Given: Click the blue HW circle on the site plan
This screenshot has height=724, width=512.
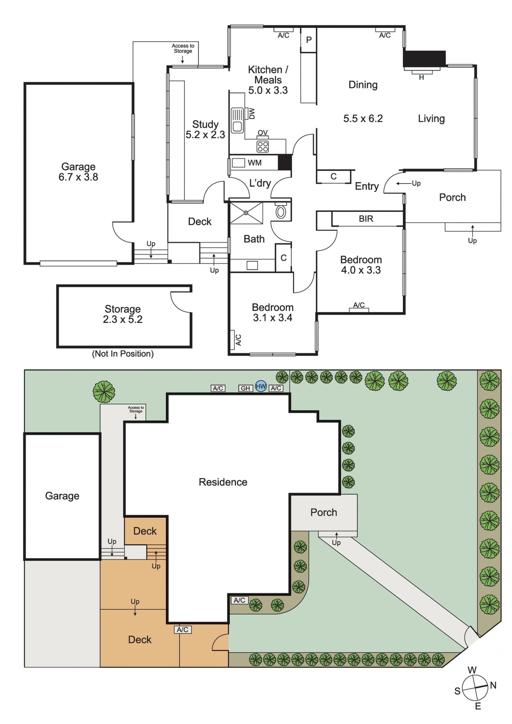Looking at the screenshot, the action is point(261,386).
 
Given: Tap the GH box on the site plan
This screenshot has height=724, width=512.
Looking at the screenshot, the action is point(245,389).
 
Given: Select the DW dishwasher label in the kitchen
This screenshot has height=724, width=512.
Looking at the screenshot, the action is point(251,114).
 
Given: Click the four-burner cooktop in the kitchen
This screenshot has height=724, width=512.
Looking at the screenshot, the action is point(263,147).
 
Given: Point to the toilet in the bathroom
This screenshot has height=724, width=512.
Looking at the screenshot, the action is point(281,211).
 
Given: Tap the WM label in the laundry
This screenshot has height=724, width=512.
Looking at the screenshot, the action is point(254,163).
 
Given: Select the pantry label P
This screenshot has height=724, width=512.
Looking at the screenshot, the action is point(309,40).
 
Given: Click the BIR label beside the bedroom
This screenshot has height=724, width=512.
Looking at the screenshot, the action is point(366,219).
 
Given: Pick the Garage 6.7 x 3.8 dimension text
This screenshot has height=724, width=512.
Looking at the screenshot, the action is point(78,177).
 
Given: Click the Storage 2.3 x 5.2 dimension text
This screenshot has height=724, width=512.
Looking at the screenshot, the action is point(122,319).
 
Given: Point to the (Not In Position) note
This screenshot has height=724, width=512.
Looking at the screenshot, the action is point(123,354).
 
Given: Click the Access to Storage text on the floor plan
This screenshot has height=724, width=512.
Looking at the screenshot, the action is point(183,48).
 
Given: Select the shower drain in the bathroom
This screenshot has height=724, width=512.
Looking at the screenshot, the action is point(246,213).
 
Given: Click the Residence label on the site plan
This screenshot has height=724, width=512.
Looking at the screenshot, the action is point(223,482).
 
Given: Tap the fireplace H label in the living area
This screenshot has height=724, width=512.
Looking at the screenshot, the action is point(421,78).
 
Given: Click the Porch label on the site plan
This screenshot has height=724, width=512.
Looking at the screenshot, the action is point(323,512).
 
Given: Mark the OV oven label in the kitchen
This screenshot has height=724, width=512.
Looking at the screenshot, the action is point(263,133).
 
